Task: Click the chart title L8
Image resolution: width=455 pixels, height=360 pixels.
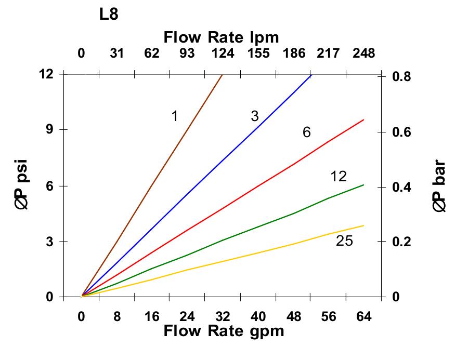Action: (109, 15)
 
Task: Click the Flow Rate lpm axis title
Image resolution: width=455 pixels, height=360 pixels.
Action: (222, 37)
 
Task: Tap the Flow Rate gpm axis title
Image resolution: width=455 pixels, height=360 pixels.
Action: (224, 331)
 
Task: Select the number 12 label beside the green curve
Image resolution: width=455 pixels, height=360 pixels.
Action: (338, 177)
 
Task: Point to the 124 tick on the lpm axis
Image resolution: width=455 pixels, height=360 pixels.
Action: (223, 53)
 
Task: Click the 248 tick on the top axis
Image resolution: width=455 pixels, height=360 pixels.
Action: (363, 53)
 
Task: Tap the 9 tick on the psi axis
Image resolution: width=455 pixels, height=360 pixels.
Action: (51, 130)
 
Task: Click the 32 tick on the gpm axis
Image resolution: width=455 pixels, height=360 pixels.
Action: (223, 317)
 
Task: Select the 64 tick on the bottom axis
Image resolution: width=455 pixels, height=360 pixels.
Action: (363, 317)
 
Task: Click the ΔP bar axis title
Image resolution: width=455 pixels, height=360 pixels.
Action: (439, 187)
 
